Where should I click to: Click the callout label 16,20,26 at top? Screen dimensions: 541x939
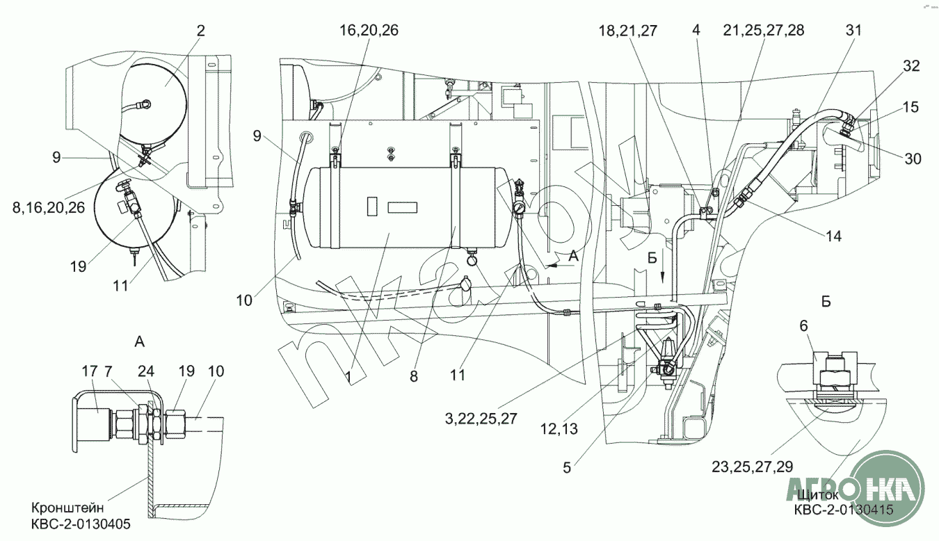click(369, 30)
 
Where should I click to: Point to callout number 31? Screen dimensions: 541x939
click(853, 30)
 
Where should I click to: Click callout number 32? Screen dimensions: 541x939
click(911, 66)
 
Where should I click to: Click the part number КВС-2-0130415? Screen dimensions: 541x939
click(843, 510)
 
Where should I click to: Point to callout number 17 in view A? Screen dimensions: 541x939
click(90, 372)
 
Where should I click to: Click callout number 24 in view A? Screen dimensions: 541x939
click(146, 372)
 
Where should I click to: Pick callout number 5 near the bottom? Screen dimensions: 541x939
click(566, 468)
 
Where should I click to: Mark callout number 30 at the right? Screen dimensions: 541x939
click(913, 159)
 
